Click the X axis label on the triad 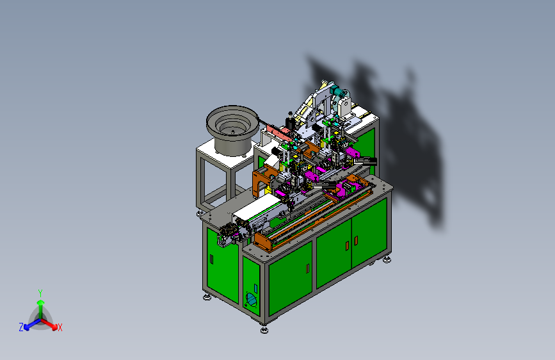60,328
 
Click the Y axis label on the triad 40,293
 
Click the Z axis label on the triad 21,327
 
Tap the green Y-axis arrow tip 41,302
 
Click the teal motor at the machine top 339,93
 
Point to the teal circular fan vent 252,300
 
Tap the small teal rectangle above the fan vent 255,288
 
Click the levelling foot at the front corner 264,331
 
